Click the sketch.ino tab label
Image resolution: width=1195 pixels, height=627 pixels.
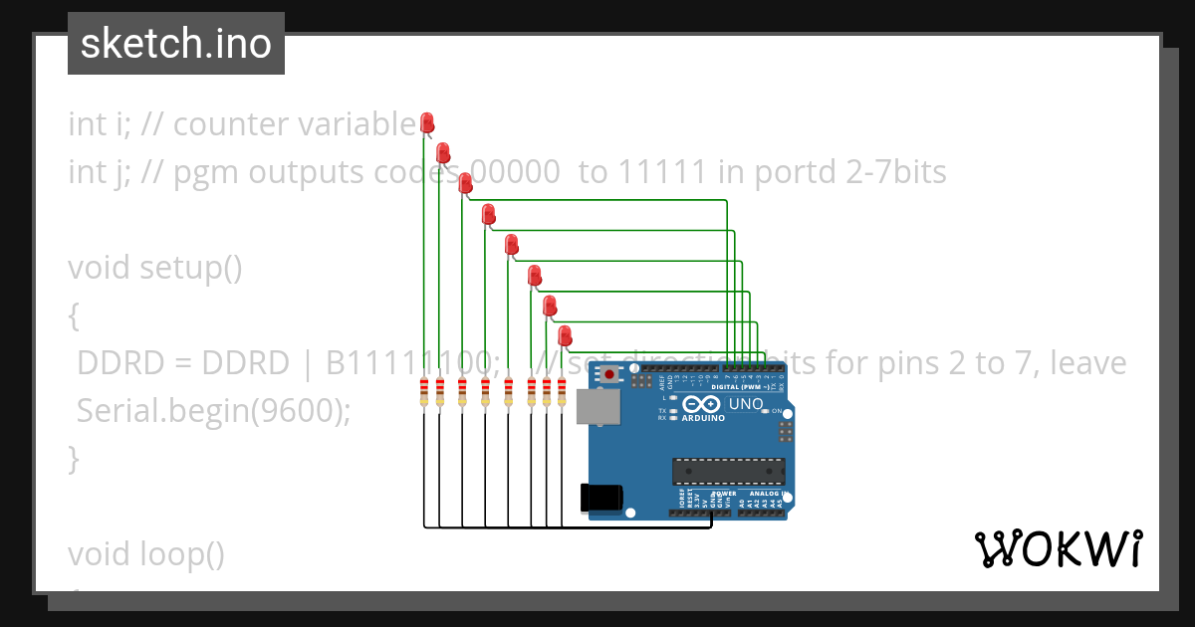click(175, 44)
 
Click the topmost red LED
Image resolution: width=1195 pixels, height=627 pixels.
click(427, 122)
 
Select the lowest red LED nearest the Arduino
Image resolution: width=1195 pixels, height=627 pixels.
click(565, 334)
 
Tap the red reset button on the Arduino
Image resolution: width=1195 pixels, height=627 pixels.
click(608, 374)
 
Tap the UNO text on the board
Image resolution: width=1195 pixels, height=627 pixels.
click(747, 405)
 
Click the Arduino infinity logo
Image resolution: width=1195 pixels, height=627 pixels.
click(702, 405)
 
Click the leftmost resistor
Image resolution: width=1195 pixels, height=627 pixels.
click(425, 392)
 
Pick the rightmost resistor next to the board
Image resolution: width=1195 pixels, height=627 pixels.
click(562, 392)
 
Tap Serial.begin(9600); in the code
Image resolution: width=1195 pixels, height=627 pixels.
click(213, 411)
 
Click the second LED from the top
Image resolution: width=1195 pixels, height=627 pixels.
click(443, 152)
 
